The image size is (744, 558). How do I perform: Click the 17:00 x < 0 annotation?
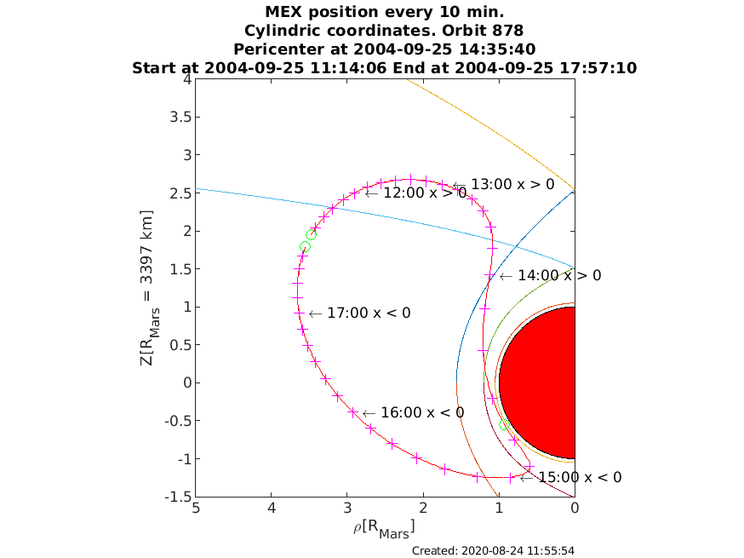(x=360, y=314)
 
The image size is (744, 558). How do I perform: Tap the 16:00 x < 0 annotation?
(x=413, y=413)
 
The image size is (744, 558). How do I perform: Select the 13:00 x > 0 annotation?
(x=503, y=185)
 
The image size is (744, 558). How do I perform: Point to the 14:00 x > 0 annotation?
(x=551, y=276)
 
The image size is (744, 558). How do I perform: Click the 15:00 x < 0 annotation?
(x=571, y=478)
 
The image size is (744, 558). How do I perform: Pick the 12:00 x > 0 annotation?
(x=416, y=193)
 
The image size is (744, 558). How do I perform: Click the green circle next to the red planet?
(x=505, y=425)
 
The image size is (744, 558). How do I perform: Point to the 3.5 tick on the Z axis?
(x=180, y=117)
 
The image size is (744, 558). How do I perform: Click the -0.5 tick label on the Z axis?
(x=178, y=421)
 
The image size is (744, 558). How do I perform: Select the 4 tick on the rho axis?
(x=272, y=508)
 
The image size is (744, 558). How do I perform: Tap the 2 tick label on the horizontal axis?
(x=423, y=508)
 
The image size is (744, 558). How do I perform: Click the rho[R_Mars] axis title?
(x=384, y=528)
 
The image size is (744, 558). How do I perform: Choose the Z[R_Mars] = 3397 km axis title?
(x=148, y=288)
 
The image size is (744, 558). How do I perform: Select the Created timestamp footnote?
(x=493, y=551)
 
